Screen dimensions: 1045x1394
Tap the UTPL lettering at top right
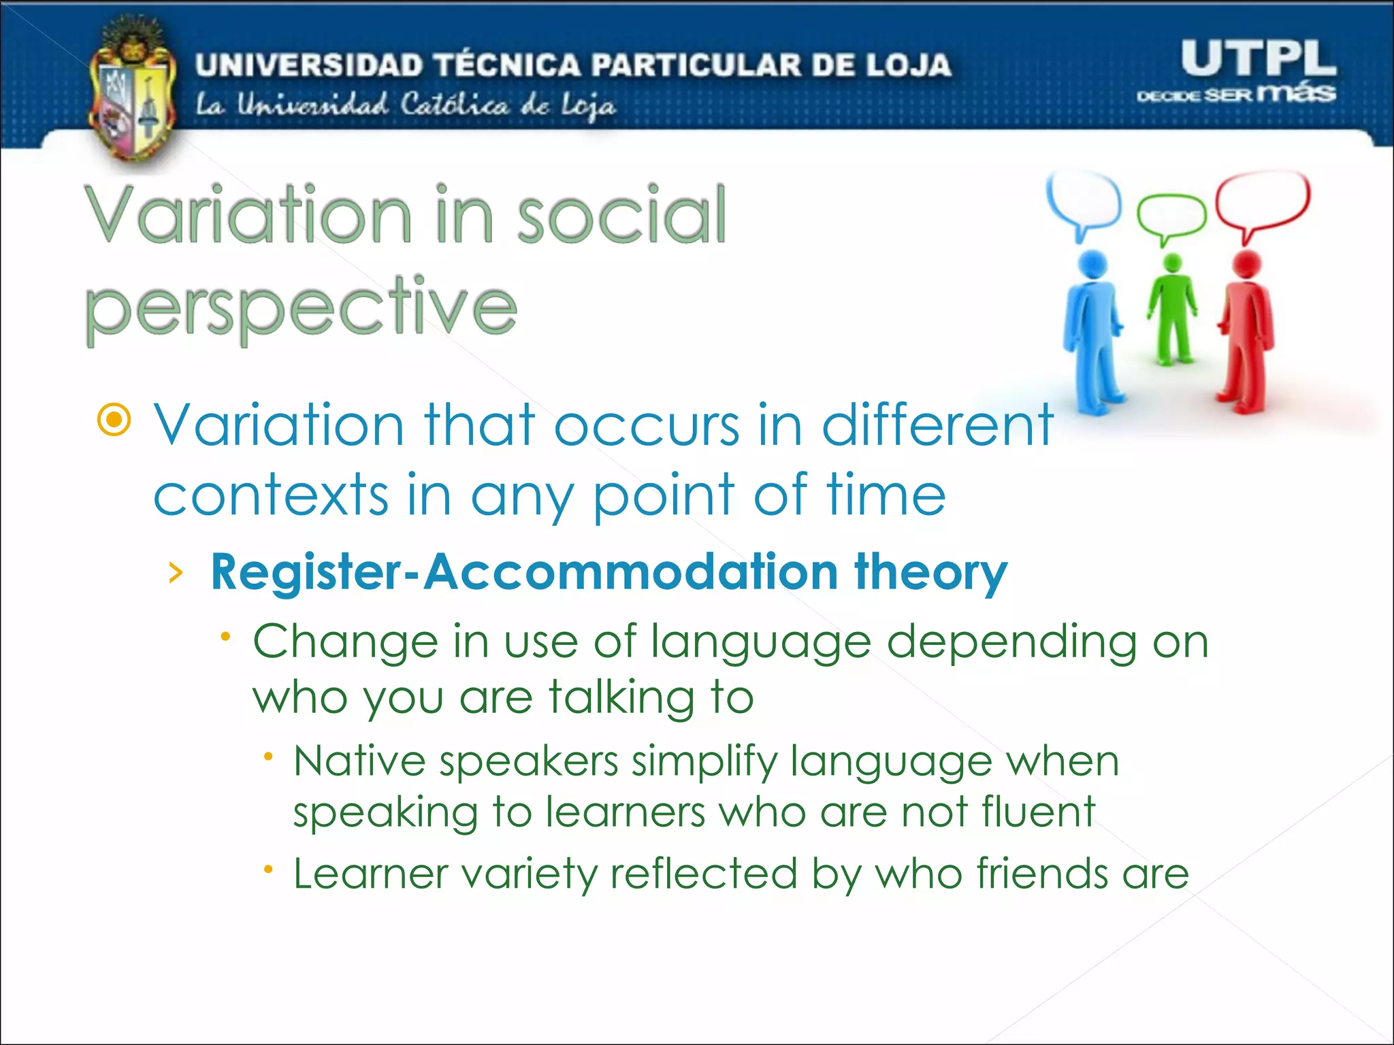1258,59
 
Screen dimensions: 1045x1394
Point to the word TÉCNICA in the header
508,65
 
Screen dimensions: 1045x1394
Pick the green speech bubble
1171,216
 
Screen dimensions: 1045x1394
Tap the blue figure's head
1093,264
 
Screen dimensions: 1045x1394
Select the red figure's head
1248,265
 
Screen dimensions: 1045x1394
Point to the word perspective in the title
300,308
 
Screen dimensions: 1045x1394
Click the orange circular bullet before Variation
114,420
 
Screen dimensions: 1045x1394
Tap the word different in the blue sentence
937,425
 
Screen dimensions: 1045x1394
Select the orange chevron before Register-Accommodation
176,573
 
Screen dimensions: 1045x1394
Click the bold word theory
930,571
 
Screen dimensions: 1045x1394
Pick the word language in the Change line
760,643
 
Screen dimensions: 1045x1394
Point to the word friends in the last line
1042,874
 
